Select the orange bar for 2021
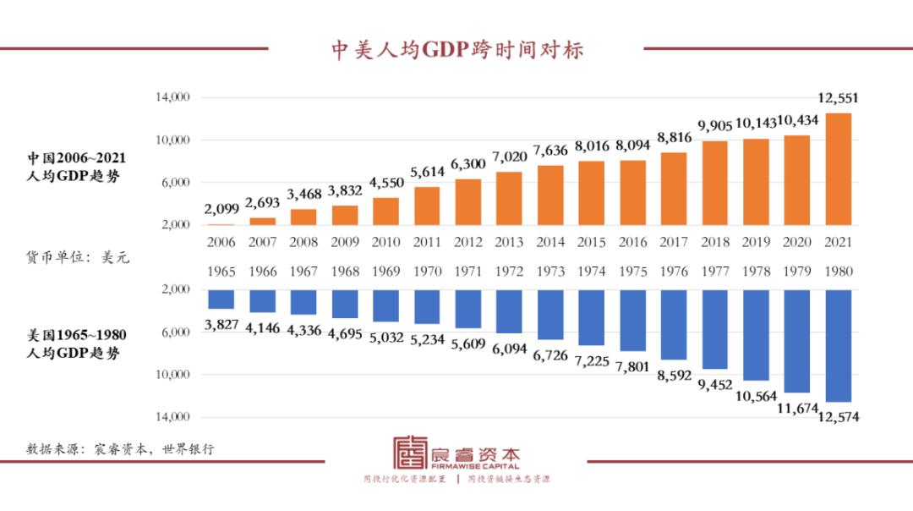[838, 169]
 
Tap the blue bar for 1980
[838, 345]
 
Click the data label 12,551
[838, 98]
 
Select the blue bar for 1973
[549, 314]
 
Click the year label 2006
[221, 242]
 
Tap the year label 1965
[221, 272]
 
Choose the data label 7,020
[509, 157]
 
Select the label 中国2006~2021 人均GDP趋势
[78, 166]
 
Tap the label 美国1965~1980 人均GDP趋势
[78, 344]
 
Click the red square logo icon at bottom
[411, 453]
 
